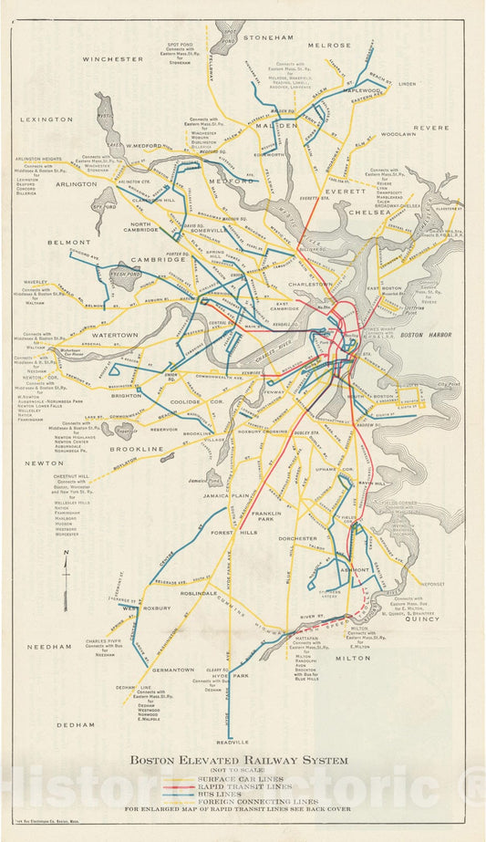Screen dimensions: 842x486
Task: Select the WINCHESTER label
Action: coord(113,58)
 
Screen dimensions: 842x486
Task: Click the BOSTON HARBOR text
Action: coord(421,336)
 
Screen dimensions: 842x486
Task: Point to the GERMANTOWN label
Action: coord(173,670)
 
